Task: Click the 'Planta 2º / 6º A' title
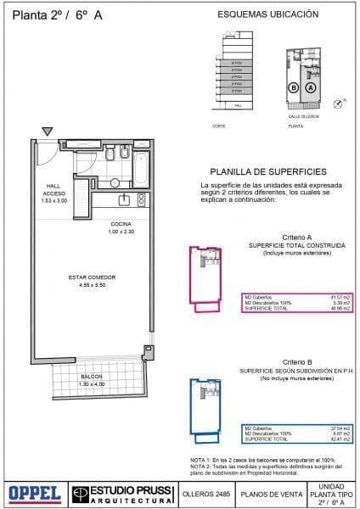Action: tap(53, 14)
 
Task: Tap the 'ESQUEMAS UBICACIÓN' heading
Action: tap(268, 14)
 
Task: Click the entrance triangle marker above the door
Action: tap(48, 131)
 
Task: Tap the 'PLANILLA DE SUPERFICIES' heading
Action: tap(267, 171)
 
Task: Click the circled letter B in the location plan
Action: tap(293, 87)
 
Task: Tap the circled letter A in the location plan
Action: tap(310, 87)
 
